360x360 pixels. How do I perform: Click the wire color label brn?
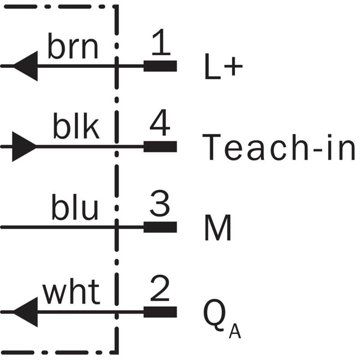(73, 46)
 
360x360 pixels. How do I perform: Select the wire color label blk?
(76, 126)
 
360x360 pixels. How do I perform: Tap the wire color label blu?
(75, 207)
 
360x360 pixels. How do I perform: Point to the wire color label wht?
(71, 292)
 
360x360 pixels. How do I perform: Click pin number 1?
(161, 42)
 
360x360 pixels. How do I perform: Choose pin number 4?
(160, 122)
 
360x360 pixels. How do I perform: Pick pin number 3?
(160, 203)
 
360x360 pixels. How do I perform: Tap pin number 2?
(160, 288)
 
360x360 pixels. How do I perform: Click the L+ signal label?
(224, 67)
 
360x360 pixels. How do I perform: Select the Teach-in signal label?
(279, 147)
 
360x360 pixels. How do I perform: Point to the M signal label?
(218, 228)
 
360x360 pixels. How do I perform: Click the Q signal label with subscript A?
(222, 318)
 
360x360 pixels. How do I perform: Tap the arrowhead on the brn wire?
(25, 66)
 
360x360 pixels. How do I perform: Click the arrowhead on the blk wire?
(24, 147)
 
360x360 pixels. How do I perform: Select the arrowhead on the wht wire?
(25, 312)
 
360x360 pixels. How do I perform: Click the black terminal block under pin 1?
(160, 66)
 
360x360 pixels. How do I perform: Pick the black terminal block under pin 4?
(160, 147)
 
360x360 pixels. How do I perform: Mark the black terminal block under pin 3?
(160, 227)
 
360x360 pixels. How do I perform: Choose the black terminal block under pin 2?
(160, 312)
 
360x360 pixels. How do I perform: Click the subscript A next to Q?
(235, 331)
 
